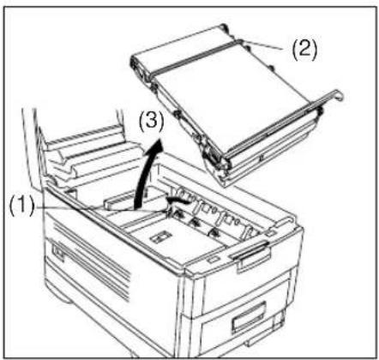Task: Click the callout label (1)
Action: pyautogui.click(x=21, y=206)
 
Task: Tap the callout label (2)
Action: pyautogui.click(x=304, y=50)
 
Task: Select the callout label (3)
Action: pyautogui.click(x=151, y=122)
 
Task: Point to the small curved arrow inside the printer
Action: pyautogui.click(x=178, y=200)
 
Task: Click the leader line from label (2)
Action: pyautogui.click(x=263, y=45)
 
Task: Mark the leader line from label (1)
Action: pyautogui.click(x=100, y=209)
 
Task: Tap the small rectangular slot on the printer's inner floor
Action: pyautogui.click(x=160, y=237)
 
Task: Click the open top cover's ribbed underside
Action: pyautogui.click(x=86, y=154)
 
